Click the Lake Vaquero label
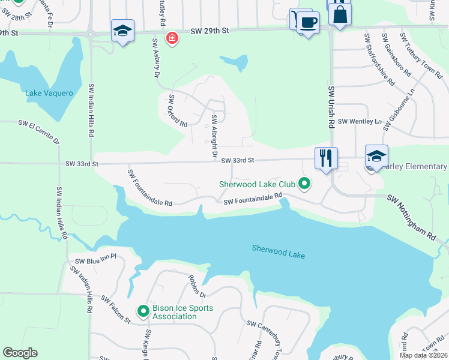click(x=49, y=93)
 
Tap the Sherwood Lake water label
click(x=279, y=252)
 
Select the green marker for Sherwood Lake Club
click(x=304, y=184)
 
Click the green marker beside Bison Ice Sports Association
click(x=143, y=311)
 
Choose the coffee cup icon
click(x=309, y=23)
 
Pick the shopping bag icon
click(x=340, y=14)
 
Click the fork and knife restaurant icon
click(x=326, y=158)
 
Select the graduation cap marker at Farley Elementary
click(x=376, y=157)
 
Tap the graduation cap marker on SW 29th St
click(x=122, y=31)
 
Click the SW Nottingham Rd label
click(x=412, y=217)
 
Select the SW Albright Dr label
click(x=214, y=136)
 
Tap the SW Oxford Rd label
click(x=178, y=111)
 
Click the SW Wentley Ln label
click(x=360, y=121)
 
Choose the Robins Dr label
click(x=197, y=287)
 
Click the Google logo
click(x=20, y=353)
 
